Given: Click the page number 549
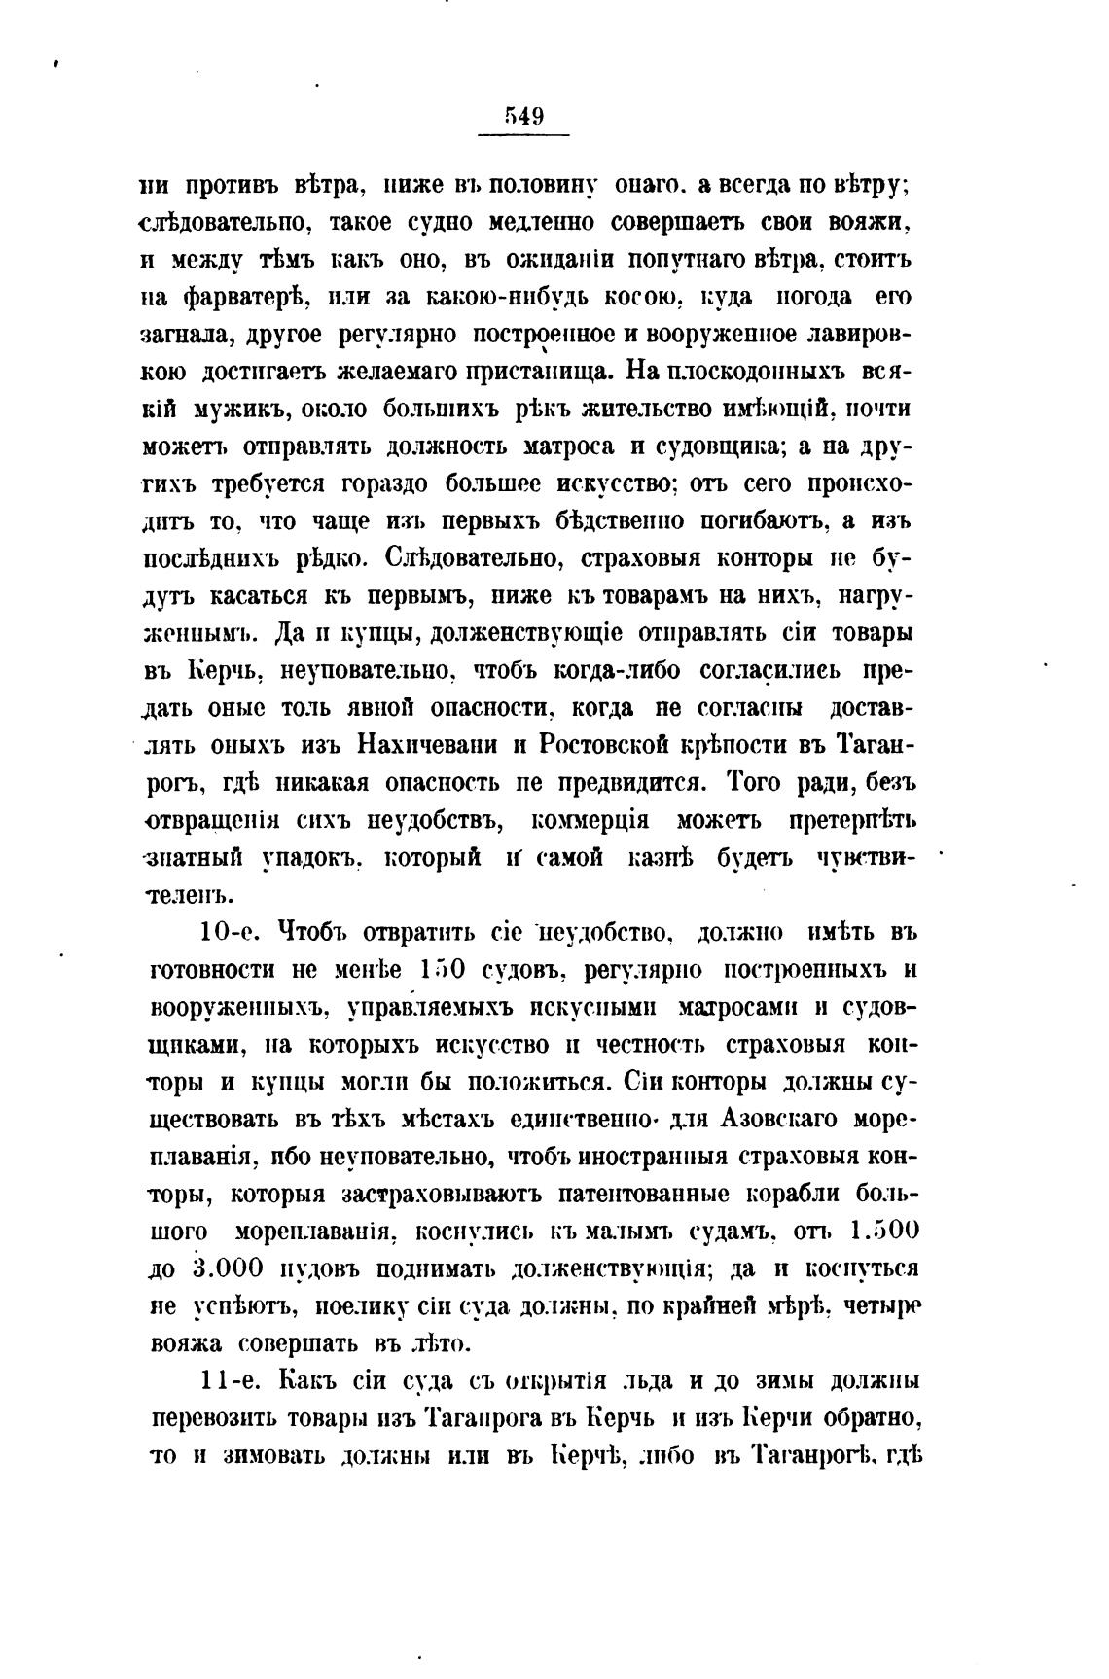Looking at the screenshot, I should point(523,117).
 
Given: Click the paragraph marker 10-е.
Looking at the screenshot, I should point(227,932).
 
